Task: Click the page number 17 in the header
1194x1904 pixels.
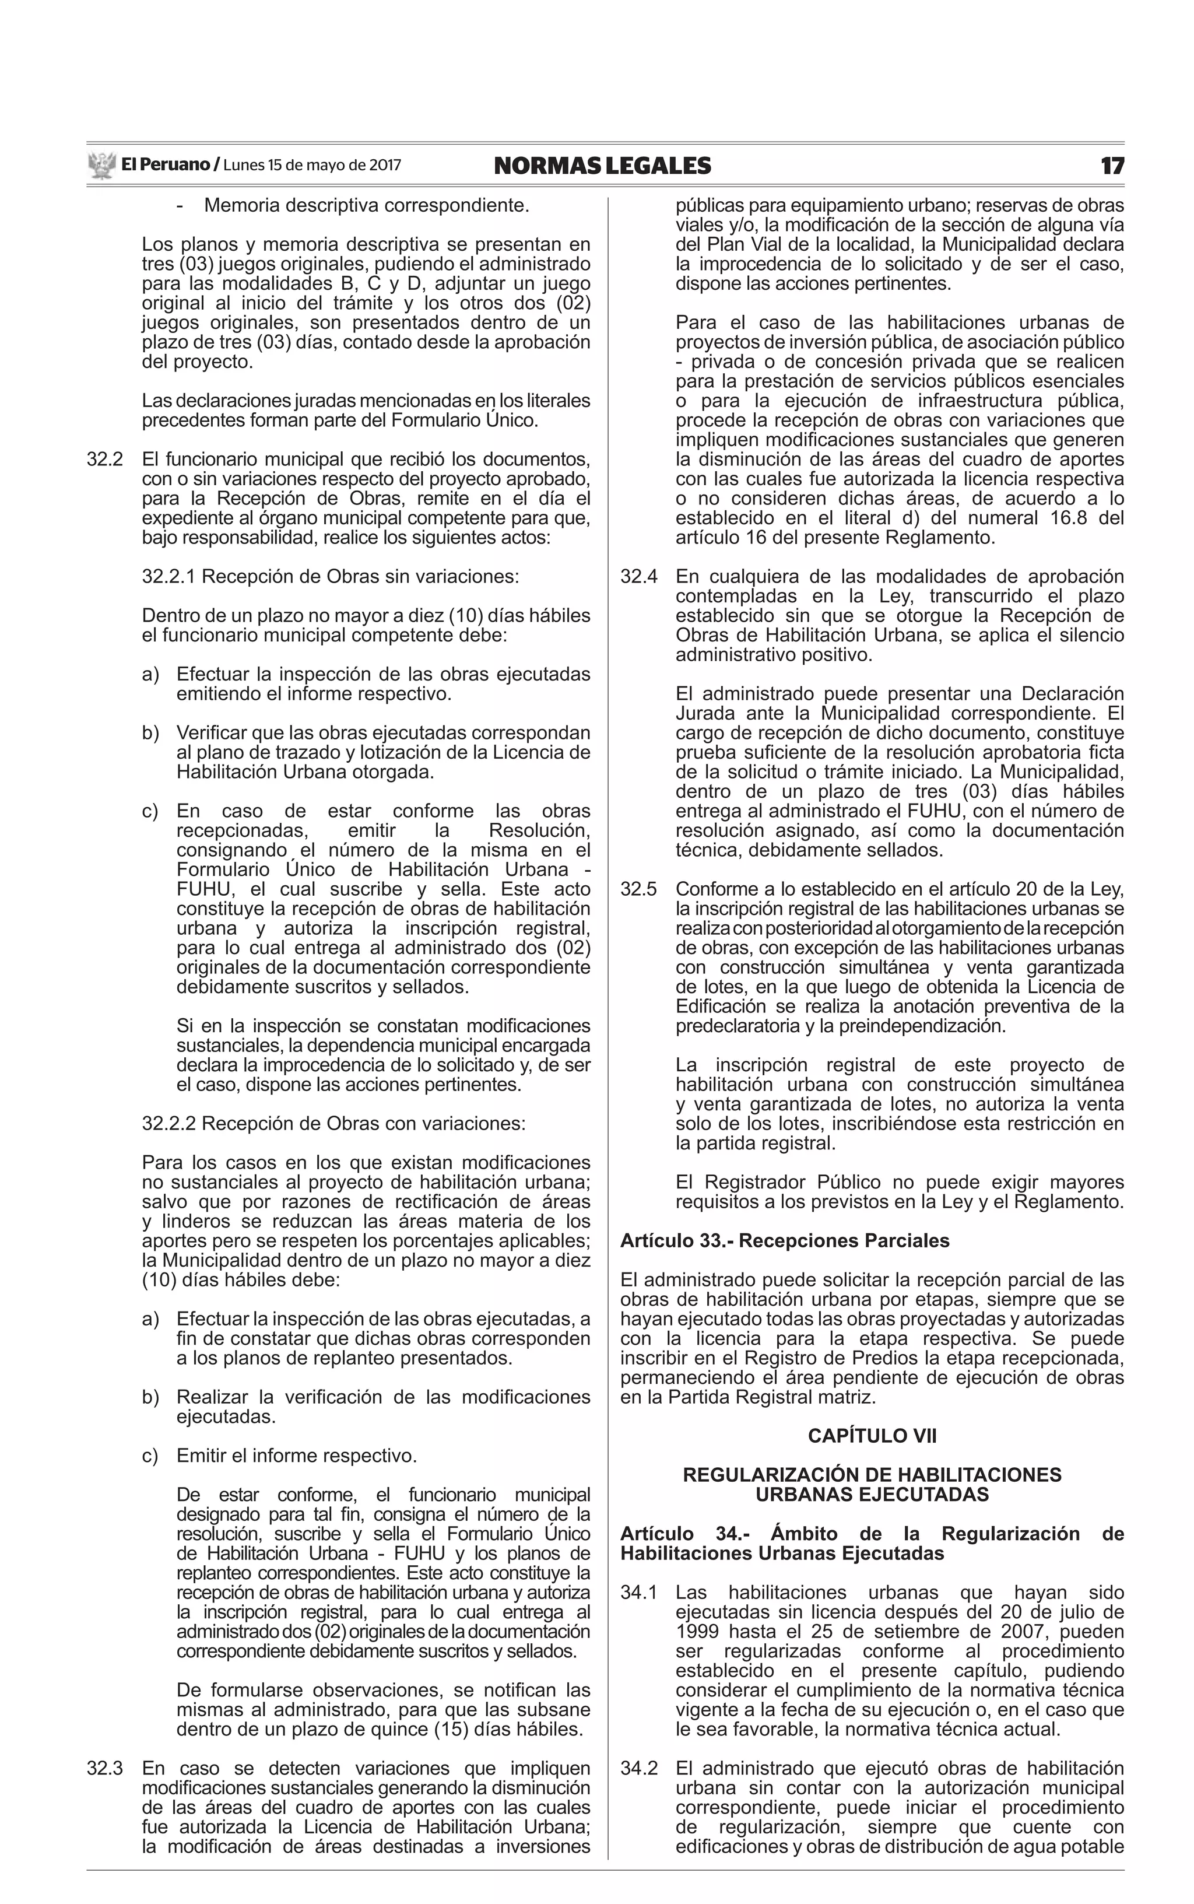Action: tap(1112, 166)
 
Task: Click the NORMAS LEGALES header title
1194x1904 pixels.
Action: tap(602, 166)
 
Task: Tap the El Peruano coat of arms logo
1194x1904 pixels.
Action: tap(102, 166)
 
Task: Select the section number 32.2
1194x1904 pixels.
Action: tap(104, 460)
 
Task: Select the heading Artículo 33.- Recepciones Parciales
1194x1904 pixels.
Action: tap(784, 1240)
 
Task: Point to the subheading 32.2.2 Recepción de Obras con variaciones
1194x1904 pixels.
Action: tap(333, 1124)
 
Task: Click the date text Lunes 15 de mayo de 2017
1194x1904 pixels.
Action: tap(312, 166)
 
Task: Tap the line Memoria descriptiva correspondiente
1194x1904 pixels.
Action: tap(366, 206)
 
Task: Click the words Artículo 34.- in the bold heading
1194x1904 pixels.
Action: tap(684, 1534)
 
